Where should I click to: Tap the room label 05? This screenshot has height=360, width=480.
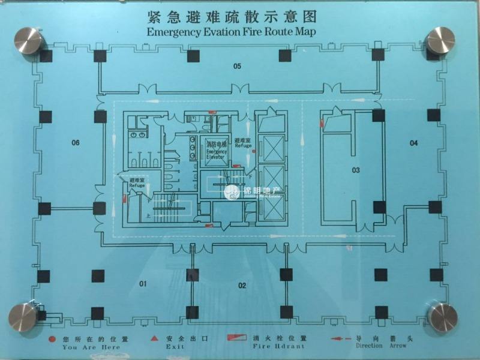(237, 66)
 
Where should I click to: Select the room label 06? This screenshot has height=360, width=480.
(76, 143)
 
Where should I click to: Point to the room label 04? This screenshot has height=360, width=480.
(413, 143)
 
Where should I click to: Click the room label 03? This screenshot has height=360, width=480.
(355, 170)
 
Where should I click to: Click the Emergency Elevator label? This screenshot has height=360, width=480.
(217, 151)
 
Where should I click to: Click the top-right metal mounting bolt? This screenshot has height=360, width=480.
(440, 40)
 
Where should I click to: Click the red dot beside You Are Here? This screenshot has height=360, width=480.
(53, 339)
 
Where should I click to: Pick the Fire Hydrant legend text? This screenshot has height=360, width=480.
(278, 346)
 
